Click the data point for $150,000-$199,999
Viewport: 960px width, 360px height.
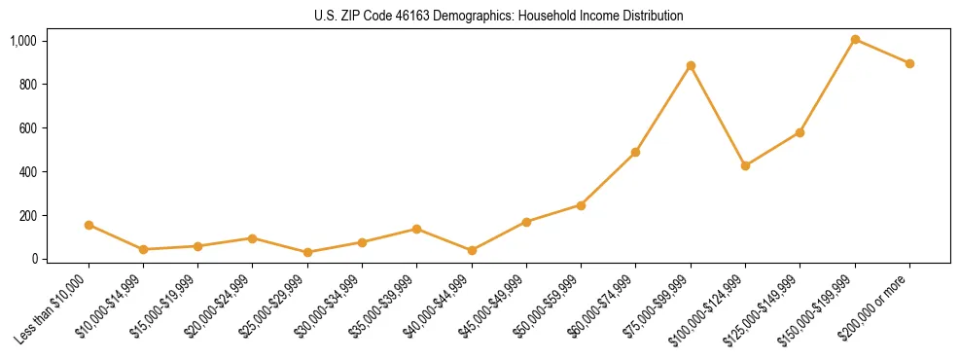855,40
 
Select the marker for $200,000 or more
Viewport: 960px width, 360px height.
909,64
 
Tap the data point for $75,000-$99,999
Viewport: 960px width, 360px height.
691,66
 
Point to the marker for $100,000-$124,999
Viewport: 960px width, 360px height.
745,166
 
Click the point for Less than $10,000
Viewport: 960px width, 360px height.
89,225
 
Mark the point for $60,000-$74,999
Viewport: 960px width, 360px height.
636,153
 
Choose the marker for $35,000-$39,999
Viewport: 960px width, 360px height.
417,230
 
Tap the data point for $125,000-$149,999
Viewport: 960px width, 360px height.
800,132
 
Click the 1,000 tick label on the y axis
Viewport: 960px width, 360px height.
22,41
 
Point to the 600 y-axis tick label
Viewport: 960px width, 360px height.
27,128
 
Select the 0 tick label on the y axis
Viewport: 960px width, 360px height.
32,259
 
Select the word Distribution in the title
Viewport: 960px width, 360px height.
651,17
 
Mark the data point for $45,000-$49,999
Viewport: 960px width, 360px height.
526,222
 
